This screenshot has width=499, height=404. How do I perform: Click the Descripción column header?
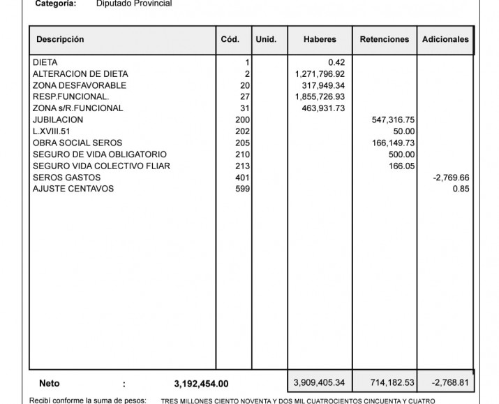point(60,40)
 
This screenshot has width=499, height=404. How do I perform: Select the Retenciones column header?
point(385,40)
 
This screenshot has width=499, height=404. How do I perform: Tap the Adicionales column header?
point(445,40)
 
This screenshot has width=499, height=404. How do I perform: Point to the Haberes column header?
point(320,40)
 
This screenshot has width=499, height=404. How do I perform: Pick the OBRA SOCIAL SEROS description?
point(77,143)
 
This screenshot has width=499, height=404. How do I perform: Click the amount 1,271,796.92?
point(320,74)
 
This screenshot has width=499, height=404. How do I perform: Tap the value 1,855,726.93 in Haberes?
point(320,97)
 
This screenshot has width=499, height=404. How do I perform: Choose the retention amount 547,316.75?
point(394,120)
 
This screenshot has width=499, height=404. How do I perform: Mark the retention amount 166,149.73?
point(394,143)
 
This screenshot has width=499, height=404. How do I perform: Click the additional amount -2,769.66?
point(451,178)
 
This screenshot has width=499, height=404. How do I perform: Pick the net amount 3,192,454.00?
point(201,384)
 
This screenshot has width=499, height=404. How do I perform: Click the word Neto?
point(49,384)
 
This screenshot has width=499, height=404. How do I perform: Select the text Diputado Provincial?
point(133,3)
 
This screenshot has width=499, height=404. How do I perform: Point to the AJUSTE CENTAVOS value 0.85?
point(461,189)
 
